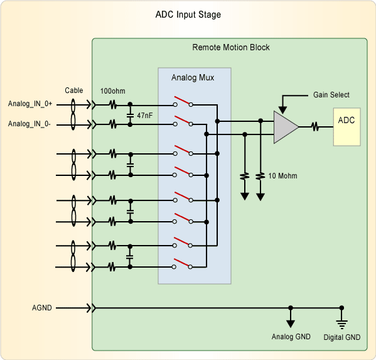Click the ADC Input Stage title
[188, 14]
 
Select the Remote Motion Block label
[231, 47]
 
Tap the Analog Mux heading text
[193, 77]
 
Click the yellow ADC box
[346, 127]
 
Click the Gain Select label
[331, 95]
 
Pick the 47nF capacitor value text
[144, 116]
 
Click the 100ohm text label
[113, 91]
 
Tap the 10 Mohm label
[282, 176]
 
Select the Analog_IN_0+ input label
[30, 104]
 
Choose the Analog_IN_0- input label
[29, 124]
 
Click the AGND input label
[41, 308]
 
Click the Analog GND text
[291, 337]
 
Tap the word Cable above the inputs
[74, 90]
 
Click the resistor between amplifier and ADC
[315, 127]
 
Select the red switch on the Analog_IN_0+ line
[183, 101]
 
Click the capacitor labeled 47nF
[130, 115]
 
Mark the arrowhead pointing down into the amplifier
[282, 110]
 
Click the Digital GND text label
[342, 337]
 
